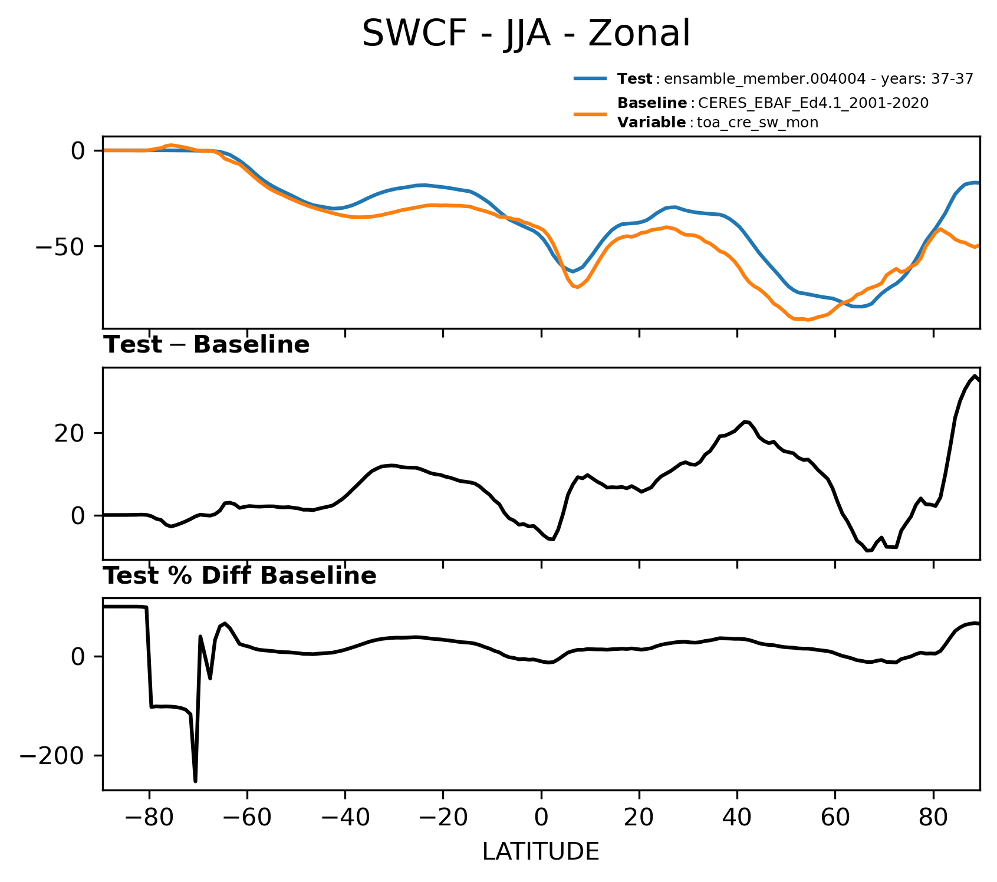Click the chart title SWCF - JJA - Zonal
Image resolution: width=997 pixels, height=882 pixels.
tap(525, 34)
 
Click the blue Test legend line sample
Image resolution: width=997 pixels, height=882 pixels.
tap(590, 78)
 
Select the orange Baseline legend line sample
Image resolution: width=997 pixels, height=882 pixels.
tap(590, 113)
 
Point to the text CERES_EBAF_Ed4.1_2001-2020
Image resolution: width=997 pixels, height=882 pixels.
tap(813, 104)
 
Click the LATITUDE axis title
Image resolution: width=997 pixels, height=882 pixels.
tap(541, 851)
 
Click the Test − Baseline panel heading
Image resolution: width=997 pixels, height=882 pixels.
tap(206, 345)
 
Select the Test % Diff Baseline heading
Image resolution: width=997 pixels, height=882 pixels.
tap(240, 576)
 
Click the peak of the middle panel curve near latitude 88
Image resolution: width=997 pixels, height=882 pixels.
tap(975, 376)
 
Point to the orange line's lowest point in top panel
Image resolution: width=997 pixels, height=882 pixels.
tap(808, 320)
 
